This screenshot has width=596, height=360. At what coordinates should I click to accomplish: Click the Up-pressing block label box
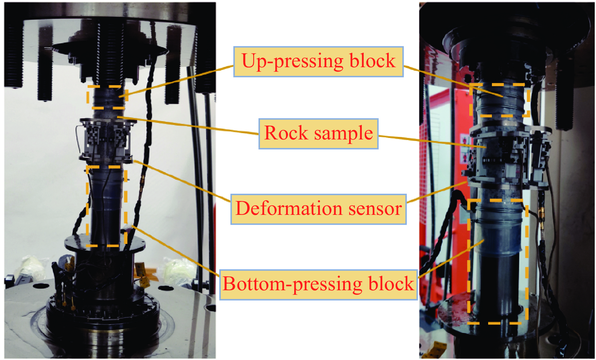(318, 62)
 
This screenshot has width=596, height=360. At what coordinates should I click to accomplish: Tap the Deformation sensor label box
(318, 209)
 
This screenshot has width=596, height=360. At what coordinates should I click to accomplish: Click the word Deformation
(289, 209)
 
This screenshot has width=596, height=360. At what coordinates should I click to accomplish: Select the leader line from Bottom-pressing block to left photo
(177, 249)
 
